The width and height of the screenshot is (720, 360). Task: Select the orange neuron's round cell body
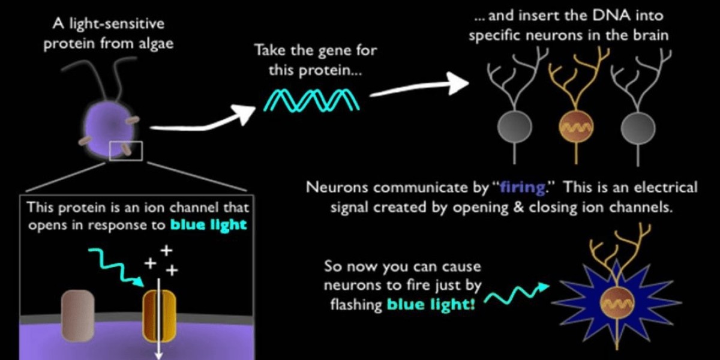tap(575, 126)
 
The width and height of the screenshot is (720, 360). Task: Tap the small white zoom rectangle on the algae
tap(125, 150)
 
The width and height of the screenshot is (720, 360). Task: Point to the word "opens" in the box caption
tap(44, 226)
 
